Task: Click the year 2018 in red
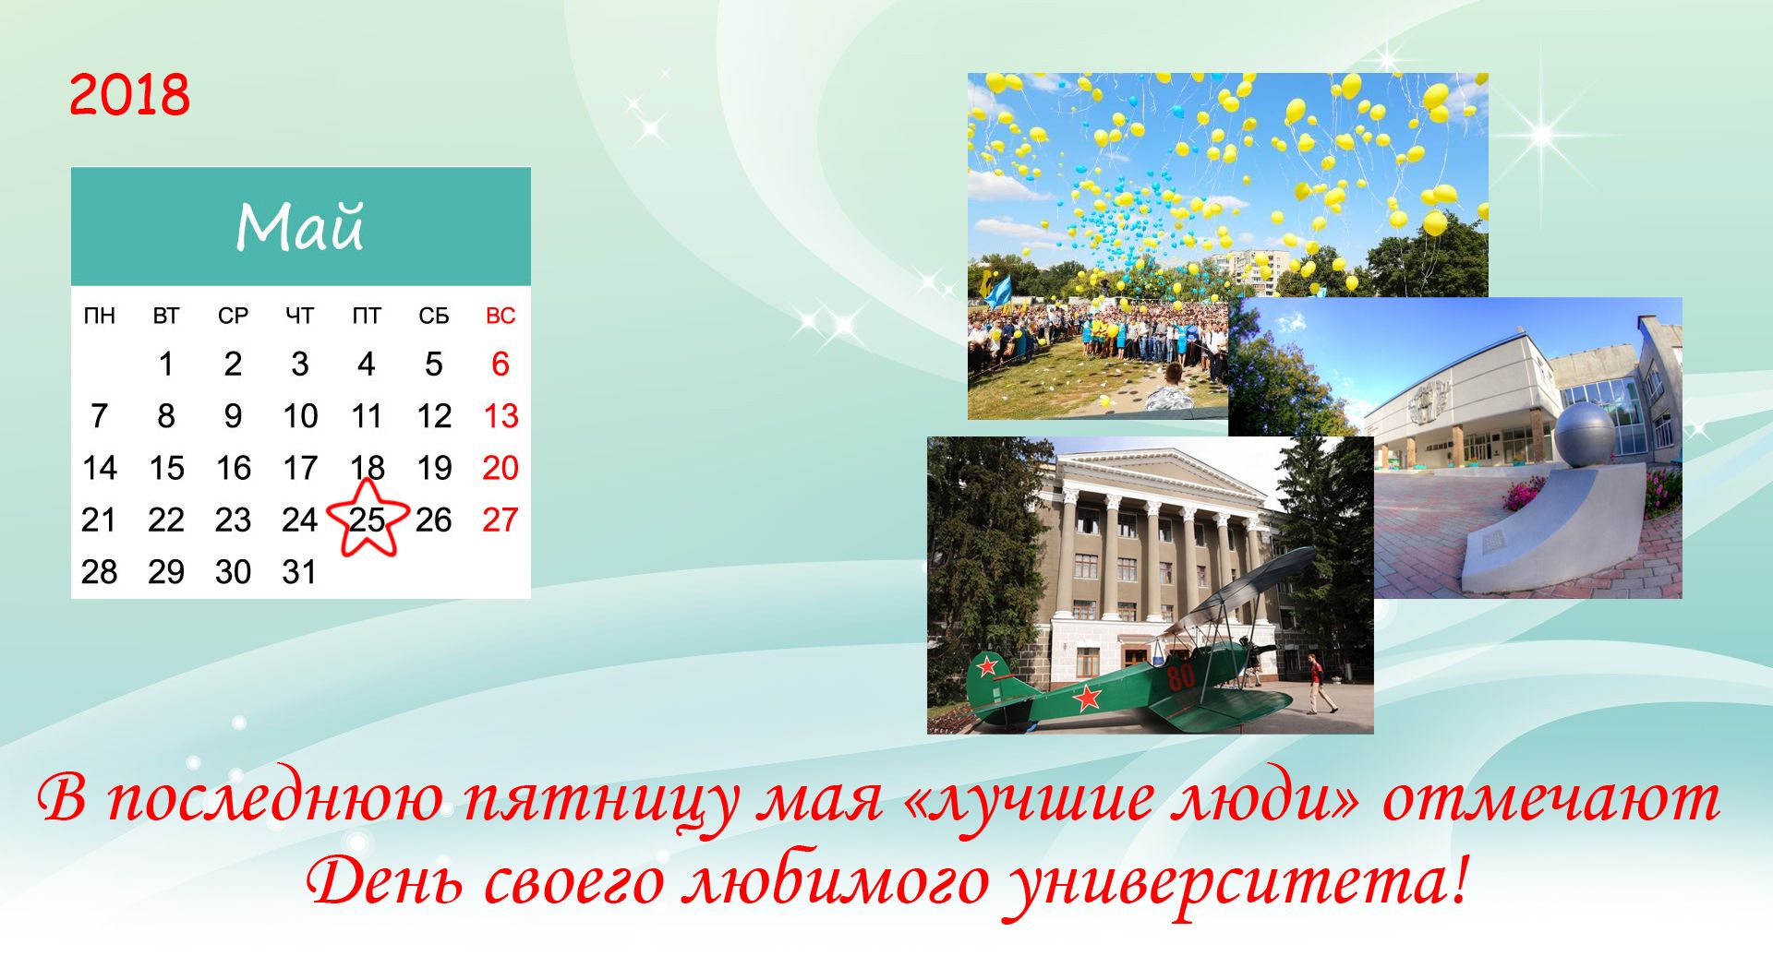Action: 129,95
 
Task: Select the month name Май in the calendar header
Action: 300,227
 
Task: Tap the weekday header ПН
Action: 100,316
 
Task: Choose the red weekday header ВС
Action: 501,316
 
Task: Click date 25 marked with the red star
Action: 367,520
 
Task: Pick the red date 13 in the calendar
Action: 501,416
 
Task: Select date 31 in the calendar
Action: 299,572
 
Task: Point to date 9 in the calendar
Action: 233,416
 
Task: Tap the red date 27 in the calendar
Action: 501,520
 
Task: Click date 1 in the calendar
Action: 166,364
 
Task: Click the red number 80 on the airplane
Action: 1181,676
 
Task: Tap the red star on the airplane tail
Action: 987,664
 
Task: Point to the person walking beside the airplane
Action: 1318,684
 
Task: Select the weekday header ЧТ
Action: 299,316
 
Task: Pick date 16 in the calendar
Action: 233,468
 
